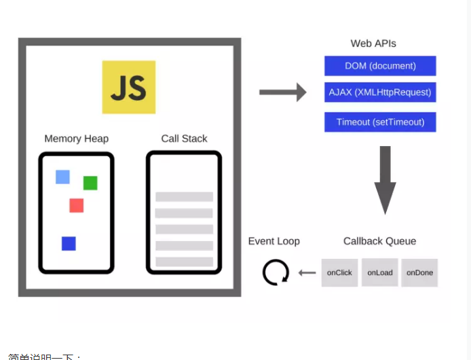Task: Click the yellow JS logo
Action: point(129,87)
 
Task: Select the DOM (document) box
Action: point(380,66)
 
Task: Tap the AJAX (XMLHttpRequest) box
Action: point(380,92)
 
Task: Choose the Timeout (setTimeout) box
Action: point(380,122)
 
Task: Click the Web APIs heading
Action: point(373,43)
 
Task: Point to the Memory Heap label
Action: point(76,139)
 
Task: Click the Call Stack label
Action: point(184,139)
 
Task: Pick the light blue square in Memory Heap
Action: point(62,177)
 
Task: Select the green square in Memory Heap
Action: point(90,183)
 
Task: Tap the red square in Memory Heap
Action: point(76,205)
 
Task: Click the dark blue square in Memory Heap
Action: point(69,243)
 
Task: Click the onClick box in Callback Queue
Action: point(339,273)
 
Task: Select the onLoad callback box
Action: point(380,272)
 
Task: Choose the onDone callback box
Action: point(419,273)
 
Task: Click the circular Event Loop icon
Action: point(276,273)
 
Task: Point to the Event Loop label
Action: point(274,241)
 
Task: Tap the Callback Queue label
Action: point(379,241)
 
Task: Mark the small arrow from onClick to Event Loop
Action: point(307,273)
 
